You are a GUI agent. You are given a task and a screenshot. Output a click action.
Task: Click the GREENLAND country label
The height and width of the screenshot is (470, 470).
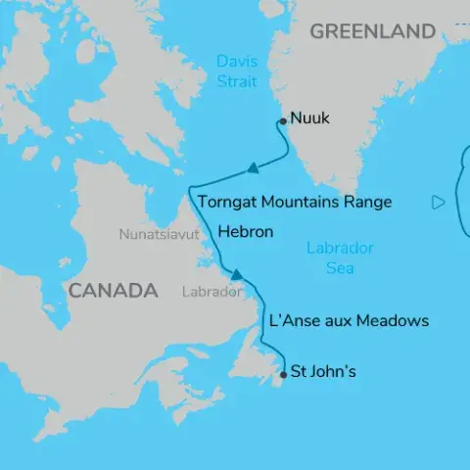coord(372,31)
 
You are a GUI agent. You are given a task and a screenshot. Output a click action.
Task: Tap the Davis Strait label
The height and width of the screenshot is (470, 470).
coord(237,71)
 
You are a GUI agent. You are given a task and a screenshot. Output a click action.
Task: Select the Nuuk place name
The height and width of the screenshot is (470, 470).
coord(310,118)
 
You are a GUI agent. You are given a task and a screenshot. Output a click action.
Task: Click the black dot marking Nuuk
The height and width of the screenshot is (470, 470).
coord(282,121)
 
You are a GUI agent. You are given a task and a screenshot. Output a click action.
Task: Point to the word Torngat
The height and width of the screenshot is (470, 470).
coord(228,203)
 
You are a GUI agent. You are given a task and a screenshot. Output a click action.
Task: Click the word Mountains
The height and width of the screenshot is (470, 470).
coord(305,203)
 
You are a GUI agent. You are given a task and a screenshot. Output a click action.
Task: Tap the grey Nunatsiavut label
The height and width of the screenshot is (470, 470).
coord(159,235)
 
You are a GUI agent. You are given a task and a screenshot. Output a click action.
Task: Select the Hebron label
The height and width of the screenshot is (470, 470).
coord(246,232)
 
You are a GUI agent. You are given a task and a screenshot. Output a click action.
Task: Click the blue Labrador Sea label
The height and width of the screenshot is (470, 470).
coord(339,257)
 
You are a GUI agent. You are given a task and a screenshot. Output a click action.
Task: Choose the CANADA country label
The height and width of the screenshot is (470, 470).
coord(113,291)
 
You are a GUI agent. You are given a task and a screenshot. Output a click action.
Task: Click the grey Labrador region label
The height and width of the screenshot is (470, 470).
coord(211,292)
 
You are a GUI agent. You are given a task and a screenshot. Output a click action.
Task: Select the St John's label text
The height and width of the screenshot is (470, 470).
coord(325,372)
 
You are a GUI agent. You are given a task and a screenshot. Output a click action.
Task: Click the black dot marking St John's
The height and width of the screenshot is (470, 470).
coord(283,373)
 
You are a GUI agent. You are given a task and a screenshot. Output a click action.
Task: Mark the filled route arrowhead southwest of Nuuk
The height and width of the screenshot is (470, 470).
coord(253,168)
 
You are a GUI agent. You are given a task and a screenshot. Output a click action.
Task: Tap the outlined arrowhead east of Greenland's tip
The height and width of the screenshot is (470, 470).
coord(438,203)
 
